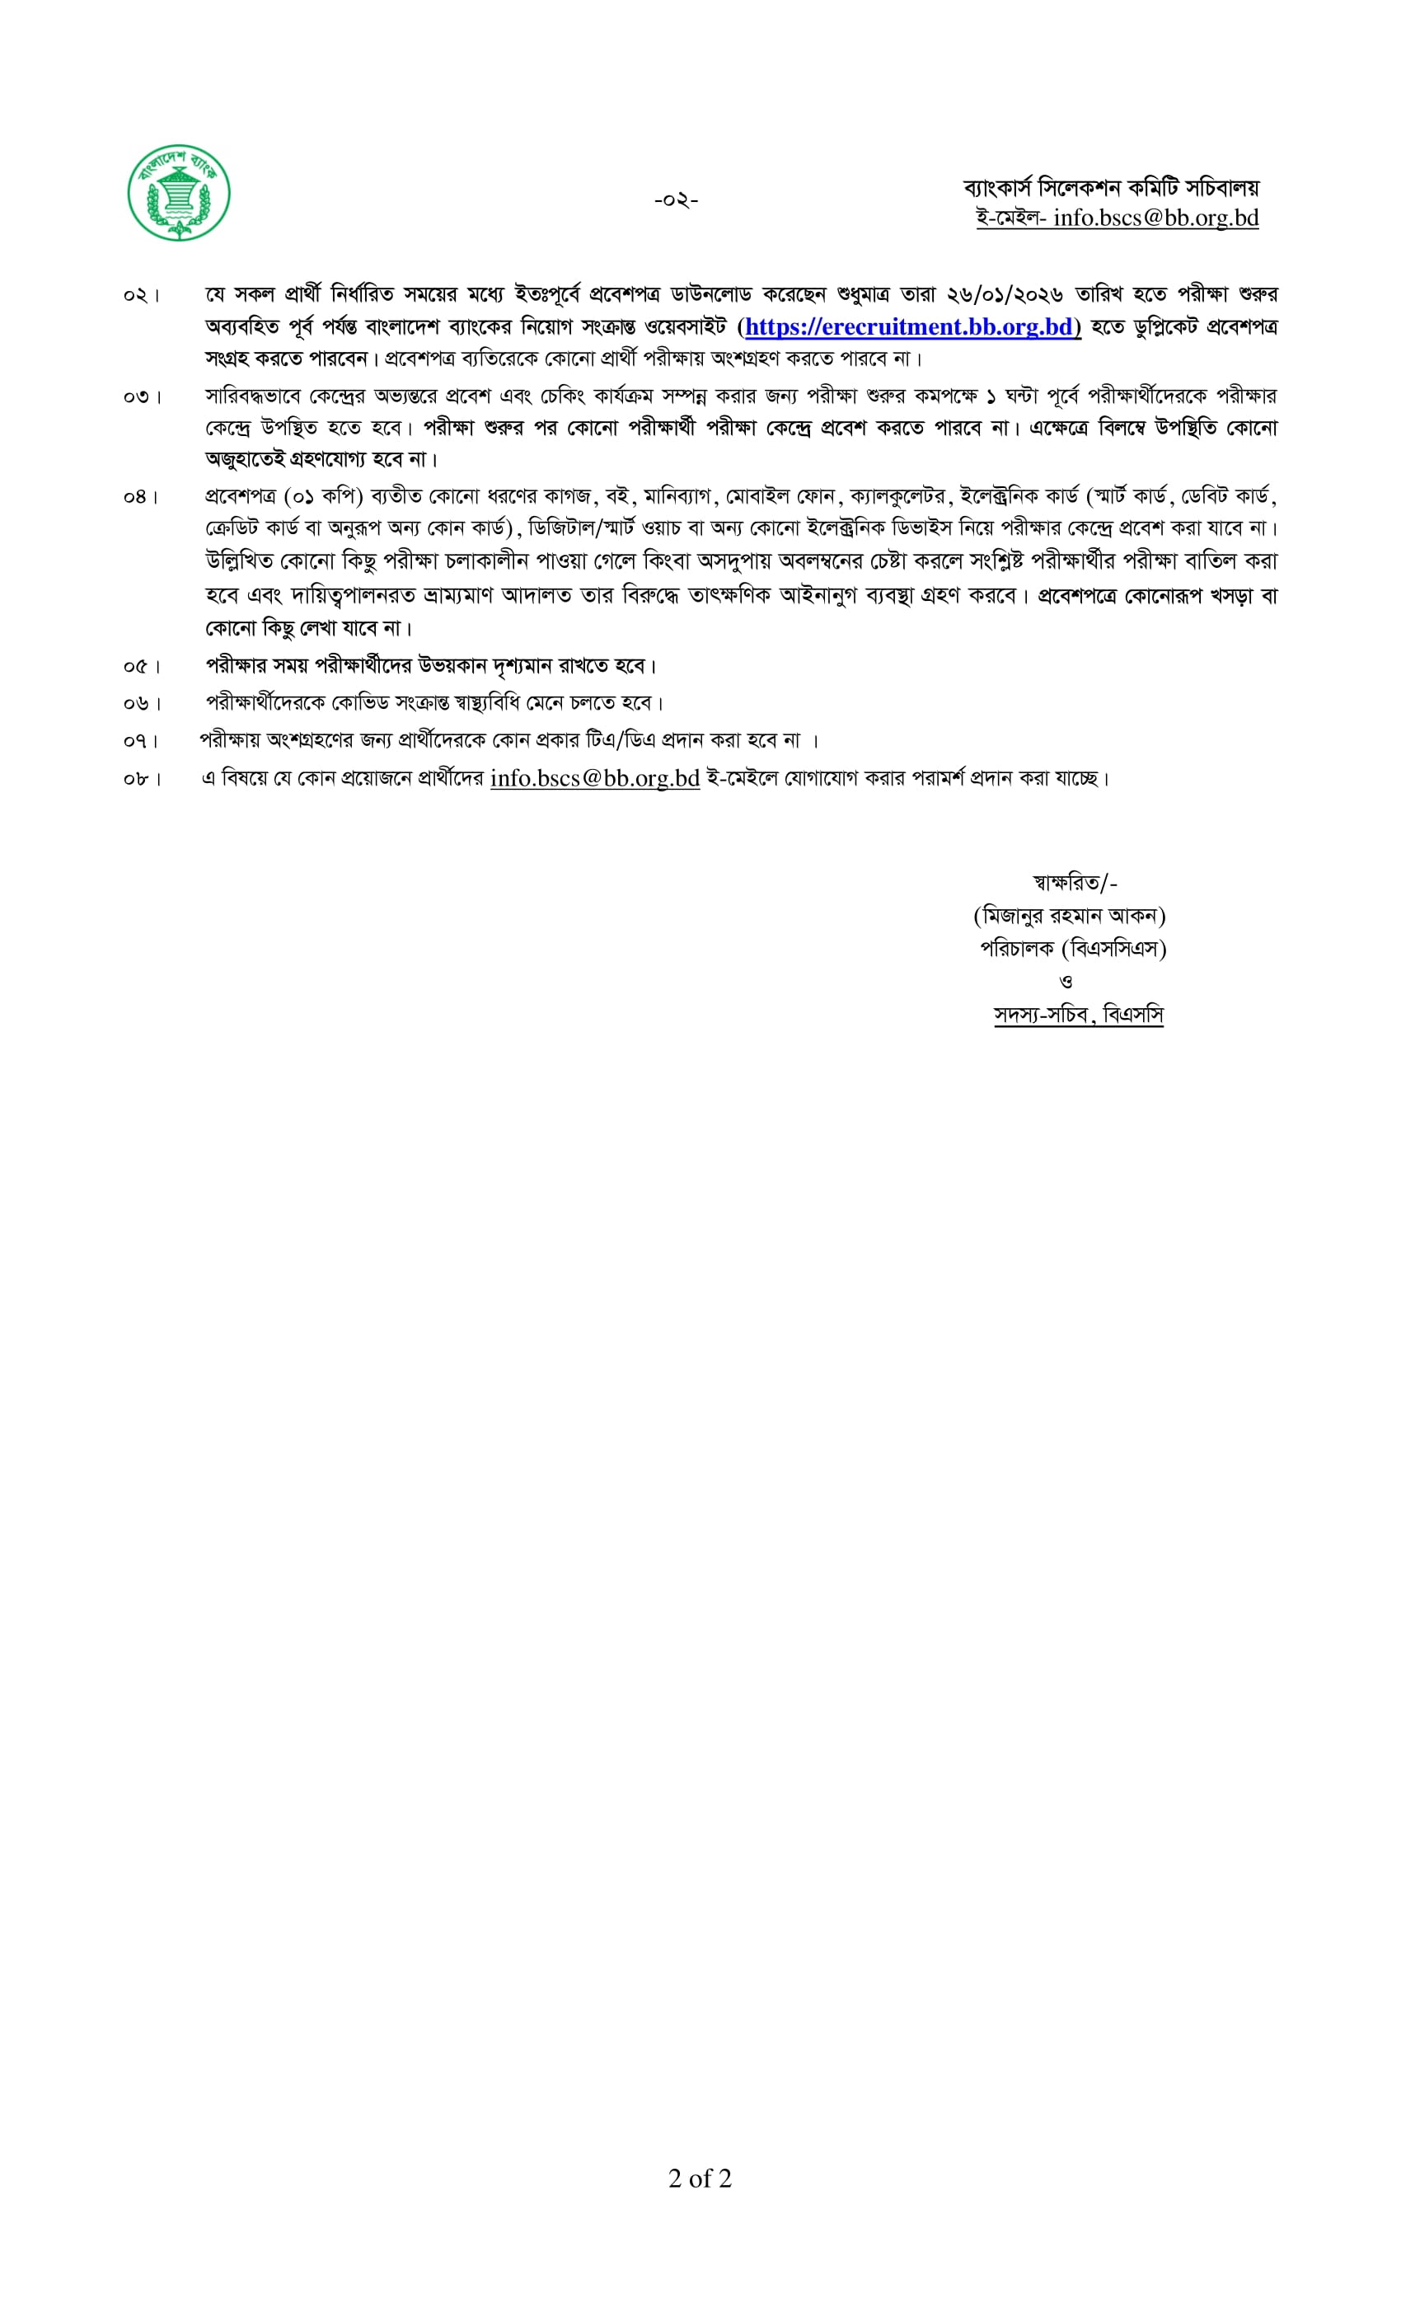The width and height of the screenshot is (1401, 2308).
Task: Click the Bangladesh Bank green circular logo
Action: click(178, 194)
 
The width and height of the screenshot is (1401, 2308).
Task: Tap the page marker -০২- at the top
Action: click(675, 199)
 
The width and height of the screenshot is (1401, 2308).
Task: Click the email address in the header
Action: click(1155, 218)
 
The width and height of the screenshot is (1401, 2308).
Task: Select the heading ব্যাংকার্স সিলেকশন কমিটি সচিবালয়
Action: click(1111, 188)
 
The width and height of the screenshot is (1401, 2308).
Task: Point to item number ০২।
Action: click(142, 296)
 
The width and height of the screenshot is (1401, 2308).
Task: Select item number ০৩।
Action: click(142, 397)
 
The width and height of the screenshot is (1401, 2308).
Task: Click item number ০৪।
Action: click(142, 497)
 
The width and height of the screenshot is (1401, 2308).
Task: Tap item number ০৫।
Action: click(142, 667)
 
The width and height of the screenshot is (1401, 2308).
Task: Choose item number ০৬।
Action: click(142, 703)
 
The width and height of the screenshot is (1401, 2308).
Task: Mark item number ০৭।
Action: click(142, 741)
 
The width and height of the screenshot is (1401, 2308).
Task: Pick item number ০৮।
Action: click(142, 779)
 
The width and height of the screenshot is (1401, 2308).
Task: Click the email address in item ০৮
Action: click(595, 778)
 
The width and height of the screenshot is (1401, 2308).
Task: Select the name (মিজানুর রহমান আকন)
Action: click(1070, 915)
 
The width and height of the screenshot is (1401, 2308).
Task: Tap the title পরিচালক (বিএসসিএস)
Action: click(1072, 949)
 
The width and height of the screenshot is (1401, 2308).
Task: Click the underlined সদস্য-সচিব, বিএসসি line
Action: click(1078, 1015)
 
